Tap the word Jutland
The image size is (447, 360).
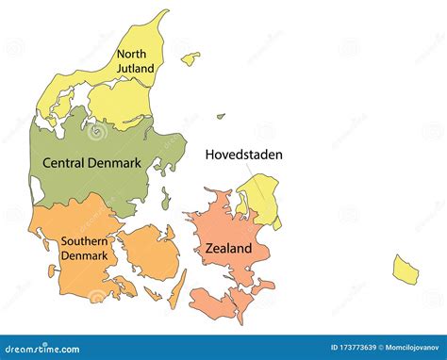click(x=135, y=68)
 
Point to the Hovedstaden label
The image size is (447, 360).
click(x=244, y=155)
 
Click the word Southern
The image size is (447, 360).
click(x=85, y=240)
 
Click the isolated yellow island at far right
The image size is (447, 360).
click(x=406, y=270)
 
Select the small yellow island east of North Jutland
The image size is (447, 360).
click(x=190, y=58)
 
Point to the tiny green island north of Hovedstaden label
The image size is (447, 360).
click(x=221, y=117)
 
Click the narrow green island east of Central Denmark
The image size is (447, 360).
click(x=165, y=199)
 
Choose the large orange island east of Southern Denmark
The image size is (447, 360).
click(x=150, y=252)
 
